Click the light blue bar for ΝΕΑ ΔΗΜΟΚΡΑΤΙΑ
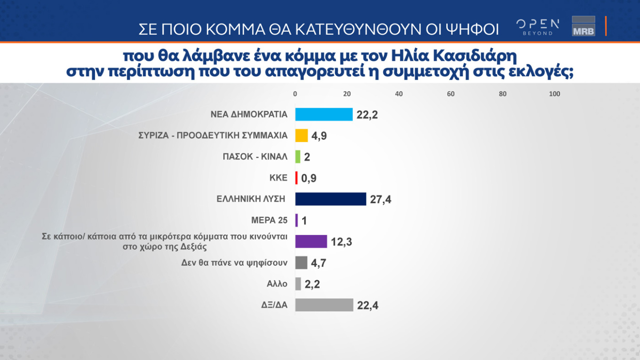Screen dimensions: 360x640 [x=324, y=114]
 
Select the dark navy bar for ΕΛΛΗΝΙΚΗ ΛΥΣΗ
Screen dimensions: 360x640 [x=330, y=199]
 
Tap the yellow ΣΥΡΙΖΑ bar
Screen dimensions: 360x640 [x=301, y=136]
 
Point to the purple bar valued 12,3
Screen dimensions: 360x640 [x=311, y=241]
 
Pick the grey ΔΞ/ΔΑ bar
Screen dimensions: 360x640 [x=324, y=305]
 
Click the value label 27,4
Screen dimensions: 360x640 [x=381, y=200]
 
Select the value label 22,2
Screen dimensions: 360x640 [x=367, y=115]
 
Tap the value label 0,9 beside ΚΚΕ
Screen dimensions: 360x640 [x=309, y=178]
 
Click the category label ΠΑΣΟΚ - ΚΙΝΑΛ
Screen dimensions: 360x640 [x=255, y=157]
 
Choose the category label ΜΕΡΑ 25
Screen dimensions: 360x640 [x=270, y=220]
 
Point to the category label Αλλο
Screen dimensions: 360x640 [x=277, y=284]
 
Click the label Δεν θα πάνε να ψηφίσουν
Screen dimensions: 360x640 [x=234, y=263]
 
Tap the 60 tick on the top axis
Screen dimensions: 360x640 [x=451, y=94]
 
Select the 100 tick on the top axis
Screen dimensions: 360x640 [x=554, y=94]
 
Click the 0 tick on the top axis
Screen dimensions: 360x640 [x=295, y=94]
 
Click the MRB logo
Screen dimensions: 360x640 [x=583, y=26]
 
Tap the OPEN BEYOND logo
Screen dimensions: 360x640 [x=537, y=26]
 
